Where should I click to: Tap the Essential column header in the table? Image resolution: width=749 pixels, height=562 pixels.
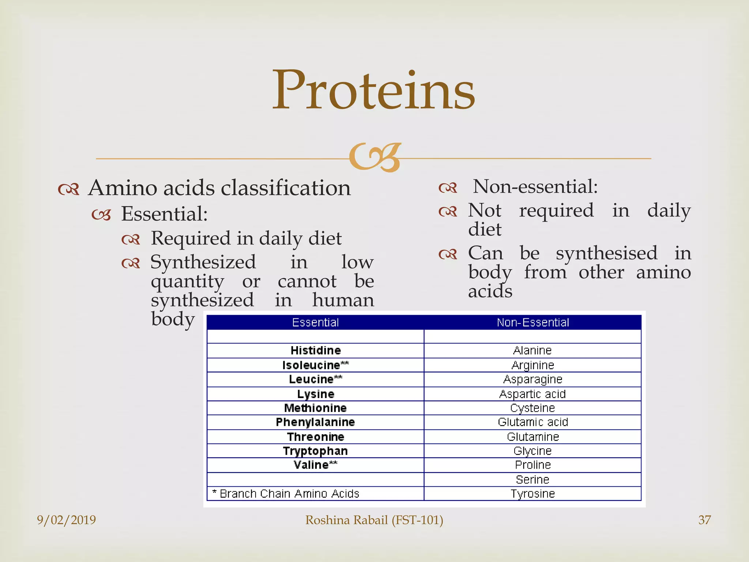(x=315, y=322)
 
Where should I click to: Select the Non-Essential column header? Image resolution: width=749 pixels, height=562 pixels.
(x=532, y=322)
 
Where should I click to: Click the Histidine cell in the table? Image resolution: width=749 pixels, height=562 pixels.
(x=316, y=351)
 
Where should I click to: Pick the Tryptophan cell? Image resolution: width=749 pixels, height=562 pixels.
(x=315, y=451)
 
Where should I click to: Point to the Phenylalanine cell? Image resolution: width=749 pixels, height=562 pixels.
(x=315, y=422)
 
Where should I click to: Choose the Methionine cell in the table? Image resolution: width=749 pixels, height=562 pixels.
(x=315, y=408)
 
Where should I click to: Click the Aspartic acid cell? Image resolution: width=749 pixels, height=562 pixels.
(x=532, y=394)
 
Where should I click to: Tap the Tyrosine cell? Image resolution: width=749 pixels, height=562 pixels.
(x=532, y=494)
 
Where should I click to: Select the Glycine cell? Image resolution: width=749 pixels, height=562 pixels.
(x=532, y=451)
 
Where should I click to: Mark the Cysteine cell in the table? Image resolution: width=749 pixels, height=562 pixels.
(x=532, y=408)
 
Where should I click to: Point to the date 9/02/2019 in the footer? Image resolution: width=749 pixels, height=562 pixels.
(x=66, y=520)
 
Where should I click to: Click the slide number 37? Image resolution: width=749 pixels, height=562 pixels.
(x=704, y=520)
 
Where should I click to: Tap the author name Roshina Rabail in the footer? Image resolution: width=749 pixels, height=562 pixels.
(x=374, y=520)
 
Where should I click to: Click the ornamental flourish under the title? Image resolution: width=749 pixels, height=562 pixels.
(x=375, y=157)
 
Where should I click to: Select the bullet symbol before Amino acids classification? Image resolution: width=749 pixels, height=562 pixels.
(x=69, y=189)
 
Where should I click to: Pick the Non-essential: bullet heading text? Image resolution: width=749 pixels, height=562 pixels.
(x=535, y=187)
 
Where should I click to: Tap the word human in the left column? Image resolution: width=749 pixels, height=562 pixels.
(x=343, y=300)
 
